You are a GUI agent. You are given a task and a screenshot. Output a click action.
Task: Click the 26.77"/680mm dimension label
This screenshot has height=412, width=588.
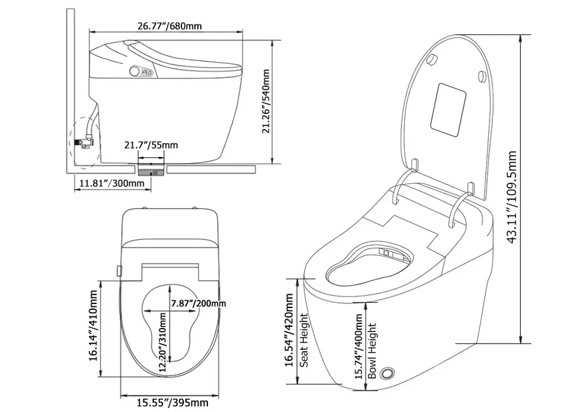tap(169, 26)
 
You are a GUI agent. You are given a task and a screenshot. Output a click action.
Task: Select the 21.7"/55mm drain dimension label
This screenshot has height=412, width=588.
tap(152, 145)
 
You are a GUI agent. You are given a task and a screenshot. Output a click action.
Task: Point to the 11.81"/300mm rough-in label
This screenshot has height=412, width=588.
tap(112, 183)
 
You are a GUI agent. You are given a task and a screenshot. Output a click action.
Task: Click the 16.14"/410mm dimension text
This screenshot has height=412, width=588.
tap(94, 326)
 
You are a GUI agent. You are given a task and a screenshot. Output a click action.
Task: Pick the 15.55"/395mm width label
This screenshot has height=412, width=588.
tap(172, 402)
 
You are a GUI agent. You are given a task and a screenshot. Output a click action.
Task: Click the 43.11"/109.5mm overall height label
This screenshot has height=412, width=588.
tap(513, 197)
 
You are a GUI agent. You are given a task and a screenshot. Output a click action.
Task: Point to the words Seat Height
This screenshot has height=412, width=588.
tap(304, 340)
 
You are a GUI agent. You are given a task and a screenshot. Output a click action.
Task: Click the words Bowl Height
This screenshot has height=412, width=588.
tap(373, 351)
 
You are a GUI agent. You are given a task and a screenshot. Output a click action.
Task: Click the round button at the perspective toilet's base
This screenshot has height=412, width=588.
tap(389, 373)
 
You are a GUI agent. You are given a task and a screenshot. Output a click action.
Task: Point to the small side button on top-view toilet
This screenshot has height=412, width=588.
tap(119, 270)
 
